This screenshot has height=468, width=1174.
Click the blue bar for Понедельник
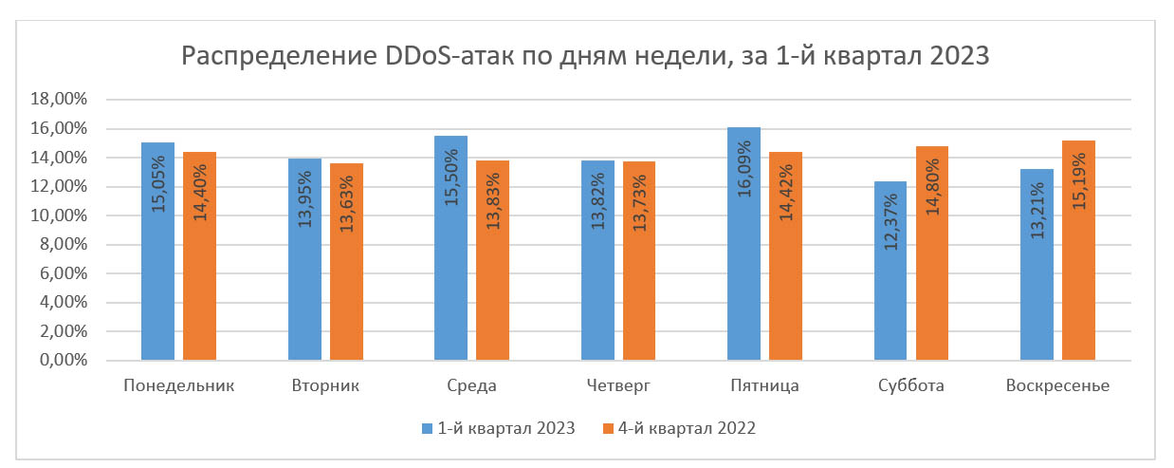tap(157, 252)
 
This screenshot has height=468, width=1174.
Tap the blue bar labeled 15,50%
tap(450, 249)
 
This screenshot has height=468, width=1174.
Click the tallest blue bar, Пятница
tap(743, 244)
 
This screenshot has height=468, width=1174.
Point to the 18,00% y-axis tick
tap(60, 100)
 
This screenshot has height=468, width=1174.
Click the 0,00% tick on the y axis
tap(64, 361)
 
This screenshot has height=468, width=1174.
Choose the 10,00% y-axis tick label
tap(60, 215)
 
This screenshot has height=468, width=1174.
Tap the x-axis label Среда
tap(471, 386)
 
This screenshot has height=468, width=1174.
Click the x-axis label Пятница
tap(764, 386)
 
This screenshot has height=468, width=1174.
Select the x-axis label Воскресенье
tap(1058, 386)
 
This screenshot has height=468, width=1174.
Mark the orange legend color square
tap(608, 429)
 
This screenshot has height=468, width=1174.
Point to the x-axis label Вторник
tap(325, 386)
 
